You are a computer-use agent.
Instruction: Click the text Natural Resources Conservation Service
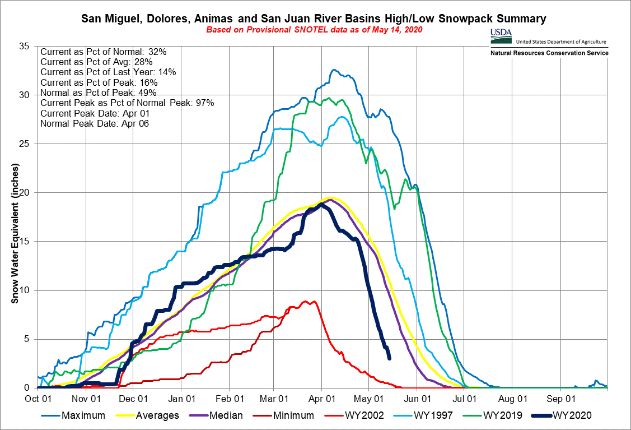(x=549, y=53)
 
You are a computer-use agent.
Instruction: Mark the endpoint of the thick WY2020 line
(x=389, y=358)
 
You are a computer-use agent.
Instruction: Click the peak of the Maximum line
(x=334, y=70)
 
